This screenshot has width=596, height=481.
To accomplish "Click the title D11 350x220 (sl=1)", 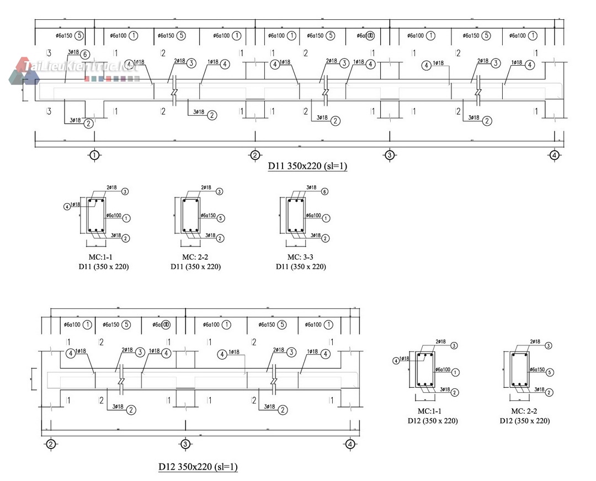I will (307, 166).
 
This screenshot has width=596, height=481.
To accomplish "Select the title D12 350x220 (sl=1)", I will (198, 467).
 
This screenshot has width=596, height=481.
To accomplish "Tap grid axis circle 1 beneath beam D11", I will (94, 155).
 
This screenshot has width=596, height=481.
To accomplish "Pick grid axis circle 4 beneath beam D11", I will (554, 155).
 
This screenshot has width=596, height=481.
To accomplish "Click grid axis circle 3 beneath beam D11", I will (390, 155).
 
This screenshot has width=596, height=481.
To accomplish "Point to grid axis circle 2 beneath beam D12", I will (50, 444).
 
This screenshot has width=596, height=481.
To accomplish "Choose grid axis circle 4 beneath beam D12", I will (349, 444).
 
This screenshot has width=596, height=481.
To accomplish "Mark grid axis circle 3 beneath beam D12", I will (185, 444).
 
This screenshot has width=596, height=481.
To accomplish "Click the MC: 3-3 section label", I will (301, 258).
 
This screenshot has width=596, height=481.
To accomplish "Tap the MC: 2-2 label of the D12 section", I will (524, 411).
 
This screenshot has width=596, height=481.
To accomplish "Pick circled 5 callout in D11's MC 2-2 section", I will (220, 218).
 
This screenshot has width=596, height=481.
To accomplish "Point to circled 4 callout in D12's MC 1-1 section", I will (396, 361).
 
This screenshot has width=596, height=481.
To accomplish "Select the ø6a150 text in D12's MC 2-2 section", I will (537, 370).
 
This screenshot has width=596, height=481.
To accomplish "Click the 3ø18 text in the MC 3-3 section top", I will (311, 188).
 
